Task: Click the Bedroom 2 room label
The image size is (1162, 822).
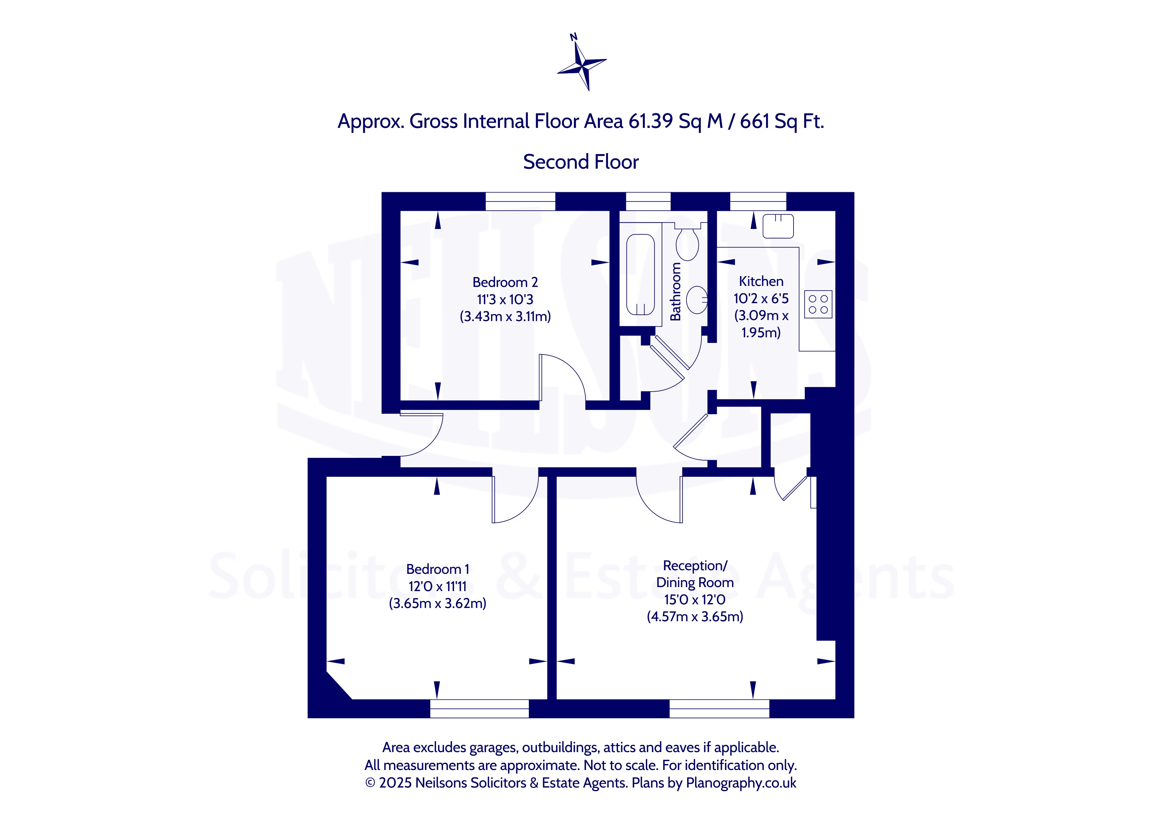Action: click(x=505, y=282)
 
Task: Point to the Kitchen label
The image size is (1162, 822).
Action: click(x=761, y=281)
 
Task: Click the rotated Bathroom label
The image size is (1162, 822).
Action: click(x=675, y=292)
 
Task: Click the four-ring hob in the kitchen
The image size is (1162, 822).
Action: click(x=818, y=304)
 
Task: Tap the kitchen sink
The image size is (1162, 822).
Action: click(x=778, y=226)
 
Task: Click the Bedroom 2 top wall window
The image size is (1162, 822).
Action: click(x=520, y=201)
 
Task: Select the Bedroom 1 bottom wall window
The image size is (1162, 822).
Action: click(x=479, y=709)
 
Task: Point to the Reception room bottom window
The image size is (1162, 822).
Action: click(x=719, y=709)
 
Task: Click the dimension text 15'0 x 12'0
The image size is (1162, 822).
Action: click(x=695, y=600)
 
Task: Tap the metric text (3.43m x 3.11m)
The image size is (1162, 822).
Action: click(x=505, y=316)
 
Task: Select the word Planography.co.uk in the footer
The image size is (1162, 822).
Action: click(x=741, y=783)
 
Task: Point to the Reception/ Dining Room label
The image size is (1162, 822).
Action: click(x=695, y=574)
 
